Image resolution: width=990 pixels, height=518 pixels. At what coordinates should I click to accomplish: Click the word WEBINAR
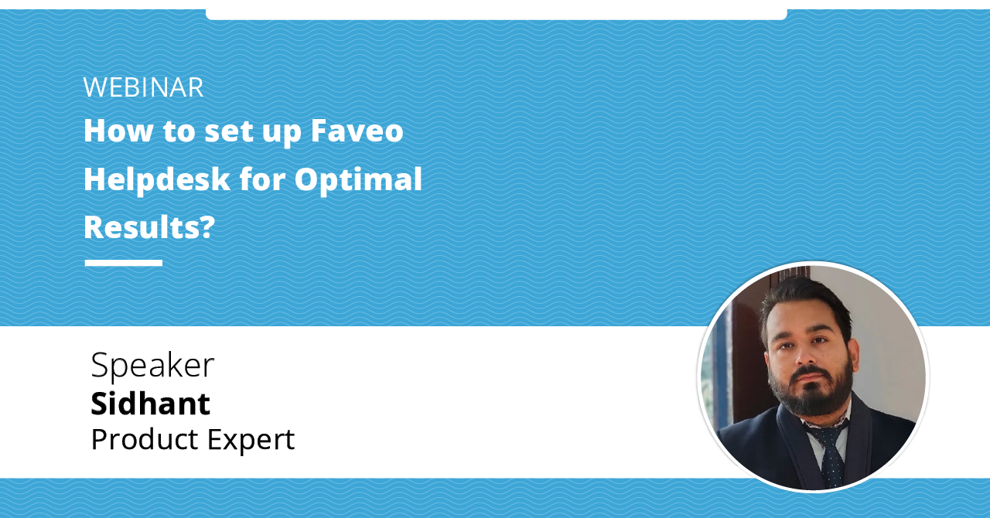pyautogui.click(x=143, y=87)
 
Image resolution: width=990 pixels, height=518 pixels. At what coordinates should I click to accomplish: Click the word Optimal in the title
pyautogui.click(x=358, y=179)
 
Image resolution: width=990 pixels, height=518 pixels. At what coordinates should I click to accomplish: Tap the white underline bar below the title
pyautogui.click(x=124, y=263)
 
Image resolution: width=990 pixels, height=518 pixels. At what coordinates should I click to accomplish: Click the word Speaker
pyautogui.click(x=152, y=365)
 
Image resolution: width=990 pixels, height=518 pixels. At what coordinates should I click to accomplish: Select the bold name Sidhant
pyautogui.click(x=150, y=404)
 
